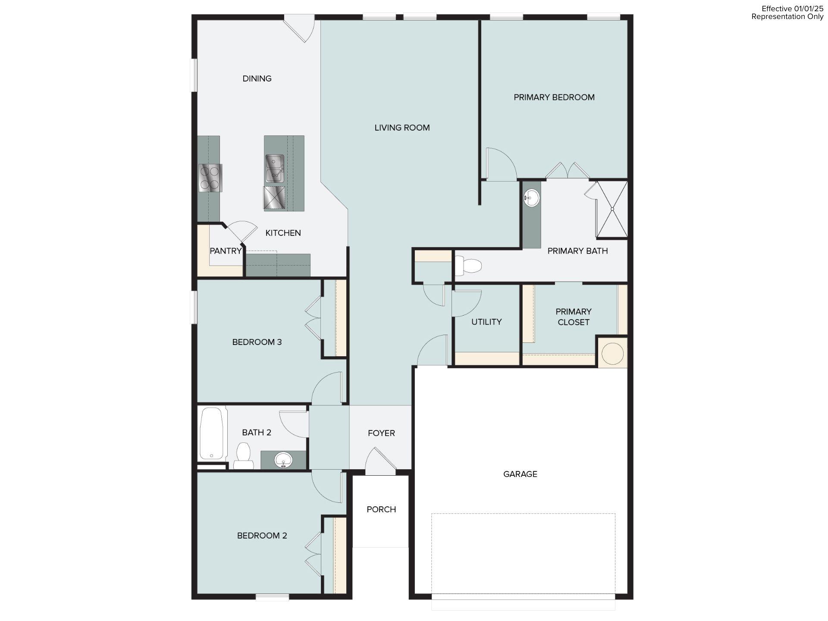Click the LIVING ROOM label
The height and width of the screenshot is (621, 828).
[402, 128]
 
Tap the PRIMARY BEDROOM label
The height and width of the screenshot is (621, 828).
[554, 97]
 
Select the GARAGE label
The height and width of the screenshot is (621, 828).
[520, 474]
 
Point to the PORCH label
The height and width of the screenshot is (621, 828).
[381, 509]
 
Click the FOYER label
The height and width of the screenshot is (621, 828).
[381, 433]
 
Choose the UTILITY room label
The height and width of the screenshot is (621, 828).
[486, 322]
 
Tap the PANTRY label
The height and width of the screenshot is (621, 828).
[226, 251]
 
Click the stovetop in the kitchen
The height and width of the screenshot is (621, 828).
[210, 178]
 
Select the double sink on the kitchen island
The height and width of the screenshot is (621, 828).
[274, 168]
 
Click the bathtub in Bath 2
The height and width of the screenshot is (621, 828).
[213, 433]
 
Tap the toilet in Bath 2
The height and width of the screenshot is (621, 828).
[244, 456]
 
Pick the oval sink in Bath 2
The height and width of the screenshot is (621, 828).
[283, 459]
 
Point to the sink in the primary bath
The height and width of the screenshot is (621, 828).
[531, 198]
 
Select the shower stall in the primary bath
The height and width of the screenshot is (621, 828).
[612, 209]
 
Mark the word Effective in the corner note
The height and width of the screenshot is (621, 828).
[777, 9]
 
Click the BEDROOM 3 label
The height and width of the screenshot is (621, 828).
[257, 342]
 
